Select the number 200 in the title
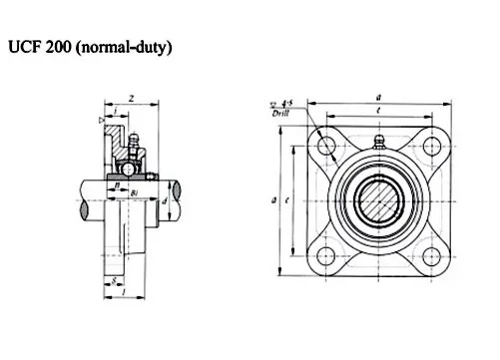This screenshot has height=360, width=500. [x=64, y=48]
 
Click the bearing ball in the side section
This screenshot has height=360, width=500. [x=131, y=168]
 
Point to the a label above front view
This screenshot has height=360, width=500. [x=379, y=96]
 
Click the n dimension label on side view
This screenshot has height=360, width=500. [x=118, y=184]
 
